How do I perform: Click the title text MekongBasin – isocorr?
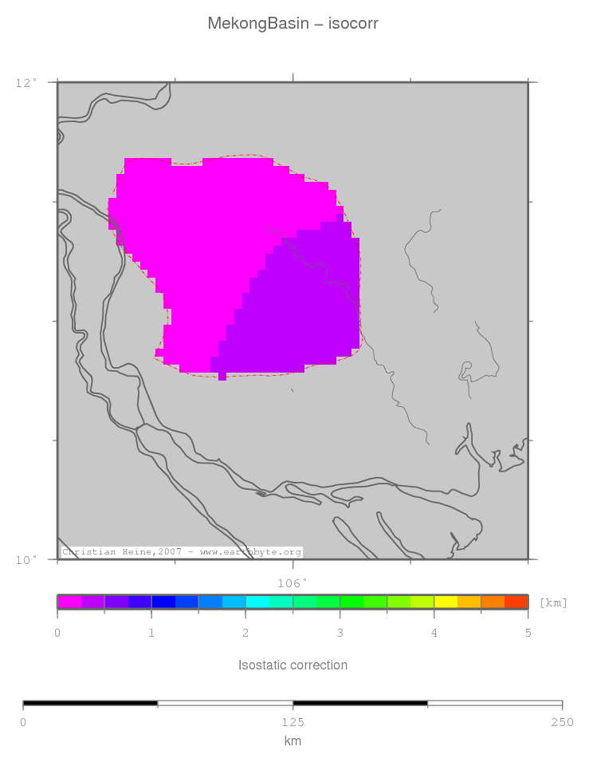(293, 24)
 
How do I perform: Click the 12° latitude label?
(26, 82)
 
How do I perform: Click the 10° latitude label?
(26, 560)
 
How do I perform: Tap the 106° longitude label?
(292, 583)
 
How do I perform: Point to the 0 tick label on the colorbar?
(57, 633)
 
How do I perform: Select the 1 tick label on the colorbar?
(151, 633)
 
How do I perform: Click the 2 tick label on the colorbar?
(245, 633)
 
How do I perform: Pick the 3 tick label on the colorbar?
(340, 633)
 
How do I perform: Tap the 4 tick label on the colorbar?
(434, 633)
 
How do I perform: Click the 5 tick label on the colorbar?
(528, 633)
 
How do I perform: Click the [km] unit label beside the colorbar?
(553, 602)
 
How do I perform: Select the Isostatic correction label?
(293, 665)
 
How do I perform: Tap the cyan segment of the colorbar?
(257, 602)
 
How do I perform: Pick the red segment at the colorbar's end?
(516, 602)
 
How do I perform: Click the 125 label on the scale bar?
(293, 722)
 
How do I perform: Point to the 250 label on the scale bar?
(562, 722)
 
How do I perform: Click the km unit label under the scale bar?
(293, 741)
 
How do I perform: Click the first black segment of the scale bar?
(90, 704)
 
